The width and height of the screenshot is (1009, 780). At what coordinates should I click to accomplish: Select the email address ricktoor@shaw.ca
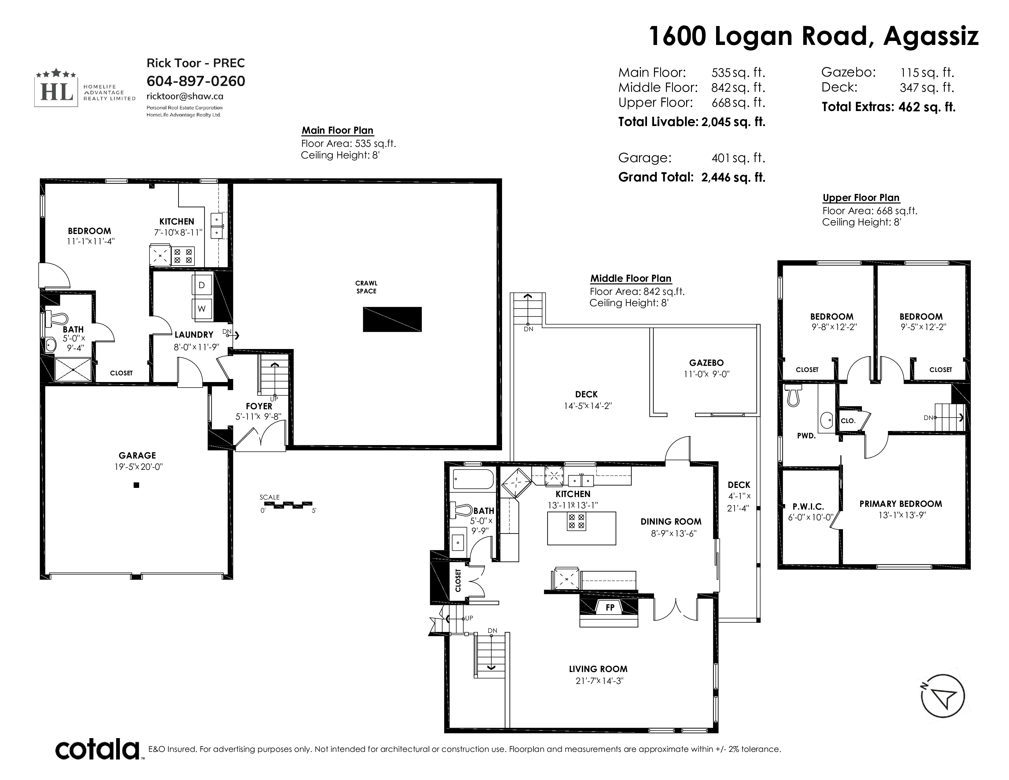pyautogui.click(x=185, y=96)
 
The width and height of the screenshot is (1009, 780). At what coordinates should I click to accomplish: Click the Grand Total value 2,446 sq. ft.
pyautogui.click(x=733, y=177)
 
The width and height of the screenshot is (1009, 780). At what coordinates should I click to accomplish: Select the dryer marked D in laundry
pyautogui.click(x=202, y=285)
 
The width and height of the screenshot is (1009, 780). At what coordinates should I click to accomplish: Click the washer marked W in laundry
pyautogui.click(x=202, y=308)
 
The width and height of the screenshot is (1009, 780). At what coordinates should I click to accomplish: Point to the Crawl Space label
pyautogui.click(x=366, y=287)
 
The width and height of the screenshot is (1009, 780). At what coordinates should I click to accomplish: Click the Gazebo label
pyautogui.click(x=706, y=363)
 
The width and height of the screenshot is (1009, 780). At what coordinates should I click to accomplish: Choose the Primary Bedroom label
pyautogui.click(x=900, y=504)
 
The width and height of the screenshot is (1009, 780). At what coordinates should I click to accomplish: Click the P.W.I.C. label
pyautogui.click(x=808, y=507)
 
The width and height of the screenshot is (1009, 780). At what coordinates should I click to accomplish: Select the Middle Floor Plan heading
pyautogui.click(x=630, y=279)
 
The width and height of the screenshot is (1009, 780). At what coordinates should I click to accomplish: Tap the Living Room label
pyautogui.click(x=598, y=669)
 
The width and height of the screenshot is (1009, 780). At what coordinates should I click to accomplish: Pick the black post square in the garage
pyautogui.click(x=136, y=485)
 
